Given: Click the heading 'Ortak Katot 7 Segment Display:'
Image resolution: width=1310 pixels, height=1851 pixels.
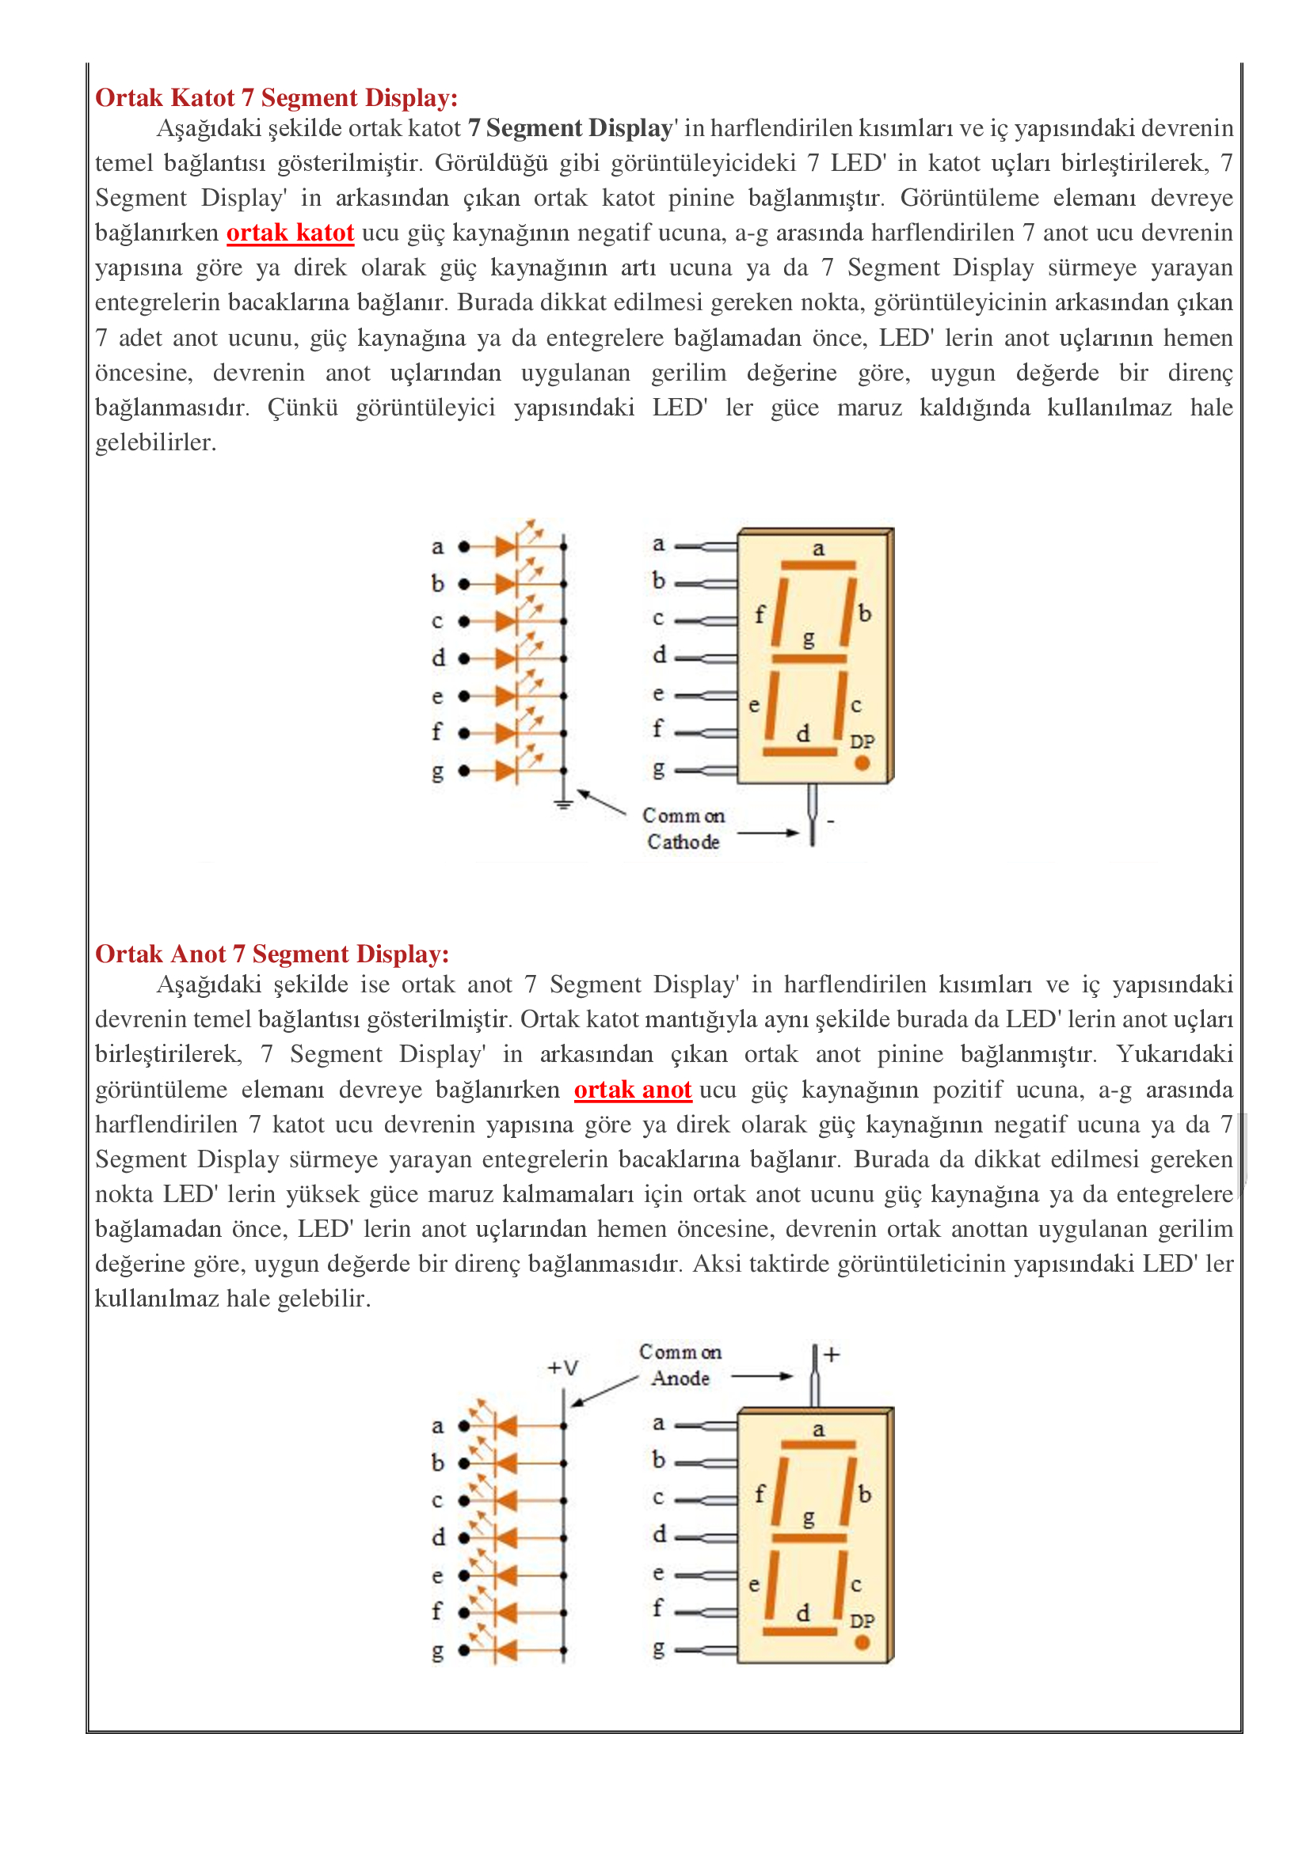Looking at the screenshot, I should (x=276, y=97).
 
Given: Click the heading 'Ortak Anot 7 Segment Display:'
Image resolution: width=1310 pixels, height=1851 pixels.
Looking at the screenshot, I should (x=272, y=954).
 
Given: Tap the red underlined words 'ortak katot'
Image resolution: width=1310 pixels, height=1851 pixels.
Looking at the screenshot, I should (x=290, y=233).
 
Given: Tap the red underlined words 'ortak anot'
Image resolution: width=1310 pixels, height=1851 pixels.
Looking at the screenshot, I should (x=632, y=1090).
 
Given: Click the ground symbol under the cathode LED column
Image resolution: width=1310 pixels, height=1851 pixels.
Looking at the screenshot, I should (x=564, y=802).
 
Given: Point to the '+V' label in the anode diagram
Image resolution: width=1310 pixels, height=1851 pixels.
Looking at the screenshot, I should (x=563, y=1368).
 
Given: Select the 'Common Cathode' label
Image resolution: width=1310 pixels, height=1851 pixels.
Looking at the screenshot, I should (x=684, y=829).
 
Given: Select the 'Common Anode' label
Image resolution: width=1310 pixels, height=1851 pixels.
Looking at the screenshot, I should (x=680, y=1365).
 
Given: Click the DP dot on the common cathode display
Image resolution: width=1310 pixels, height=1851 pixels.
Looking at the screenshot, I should (x=862, y=763).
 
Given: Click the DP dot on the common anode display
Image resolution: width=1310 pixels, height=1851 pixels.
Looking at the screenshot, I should (x=862, y=1642).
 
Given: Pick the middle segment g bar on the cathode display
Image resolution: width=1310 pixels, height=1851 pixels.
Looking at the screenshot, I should (x=809, y=658).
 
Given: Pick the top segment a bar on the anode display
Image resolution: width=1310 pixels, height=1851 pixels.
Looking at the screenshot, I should (x=818, y=1445).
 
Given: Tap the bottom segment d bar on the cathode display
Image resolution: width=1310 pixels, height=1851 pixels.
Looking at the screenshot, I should (x=800, y=752).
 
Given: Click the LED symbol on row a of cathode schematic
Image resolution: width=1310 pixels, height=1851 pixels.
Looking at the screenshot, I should (x=507, y=547).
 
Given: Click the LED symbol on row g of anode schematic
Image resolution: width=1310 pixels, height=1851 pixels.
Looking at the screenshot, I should (x=507, y=1650).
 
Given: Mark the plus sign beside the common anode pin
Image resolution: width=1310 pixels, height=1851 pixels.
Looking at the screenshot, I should (x=832, y=1354).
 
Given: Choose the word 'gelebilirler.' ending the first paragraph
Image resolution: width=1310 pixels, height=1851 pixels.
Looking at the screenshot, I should (x=156, y=442).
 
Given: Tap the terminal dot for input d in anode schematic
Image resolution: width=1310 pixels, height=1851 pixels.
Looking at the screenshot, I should (x=464, y=1538).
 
